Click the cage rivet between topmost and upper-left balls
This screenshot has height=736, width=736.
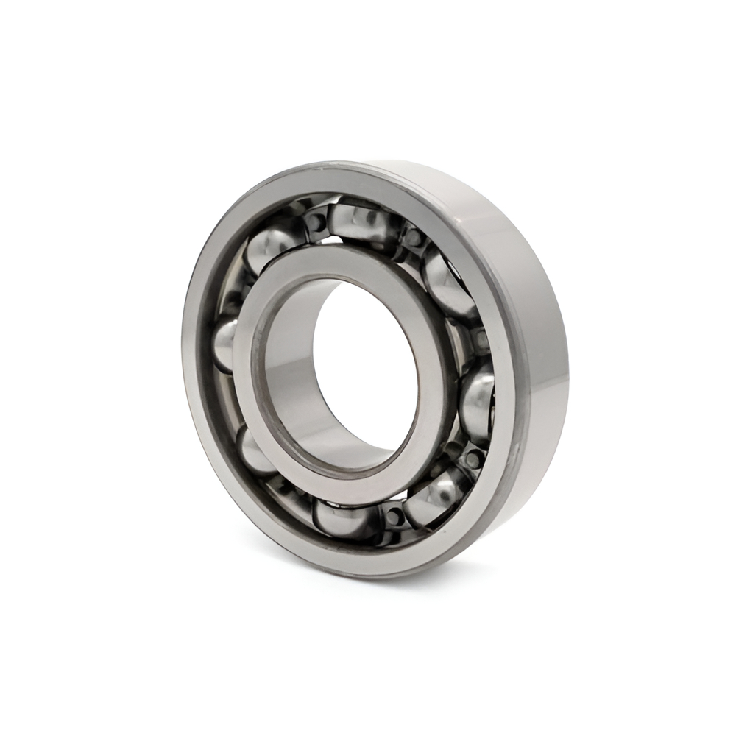pyautogui.click(x=316, y=220)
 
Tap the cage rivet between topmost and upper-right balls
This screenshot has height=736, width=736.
pyautogui.click(x=414, y=237)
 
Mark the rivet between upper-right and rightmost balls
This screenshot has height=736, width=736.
pyautogui.click(x=479, y=339)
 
